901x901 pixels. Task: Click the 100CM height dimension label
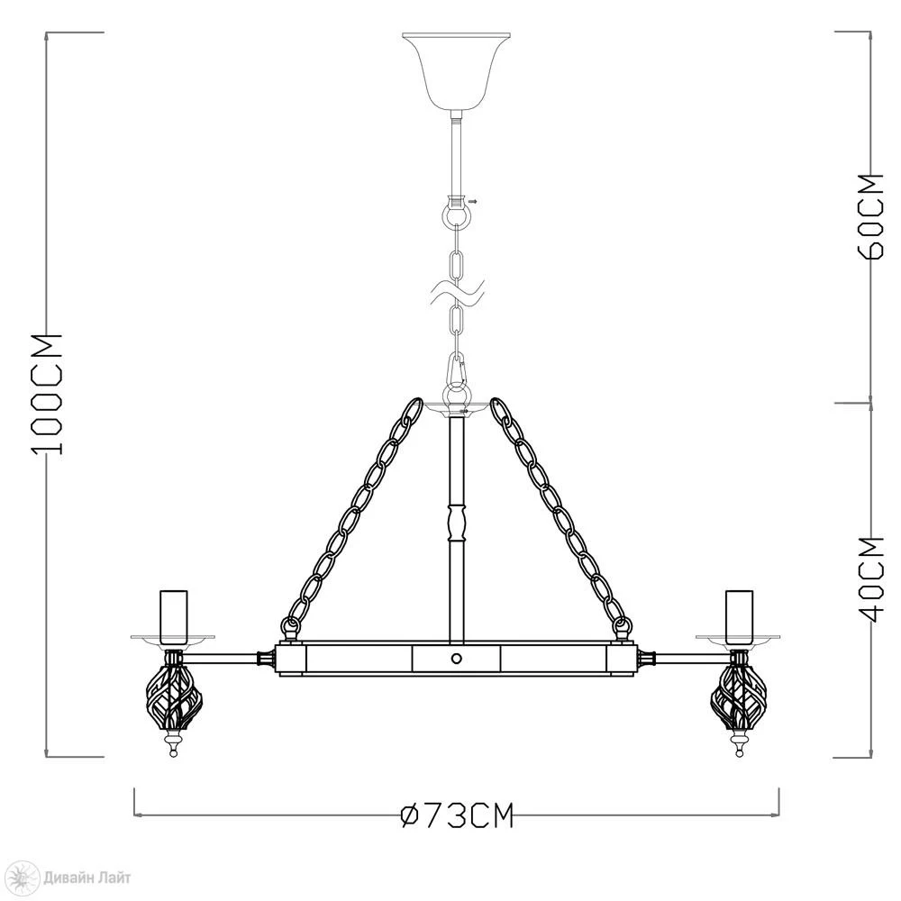[x=47, y=394]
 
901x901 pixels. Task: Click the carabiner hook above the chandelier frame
[x=456, y=370]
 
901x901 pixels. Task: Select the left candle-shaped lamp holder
[x=174, y=616]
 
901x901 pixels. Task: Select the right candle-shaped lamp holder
[x=739, y=616]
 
